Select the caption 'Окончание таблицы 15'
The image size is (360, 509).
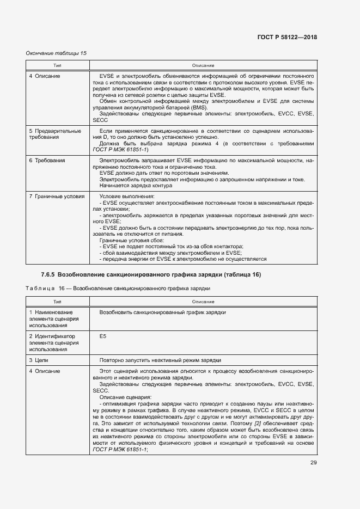tap(56, 53)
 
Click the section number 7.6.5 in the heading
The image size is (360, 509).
tap(47, 274)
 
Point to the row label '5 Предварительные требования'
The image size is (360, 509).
tap(55, 134)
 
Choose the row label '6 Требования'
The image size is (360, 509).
tap(47, 161)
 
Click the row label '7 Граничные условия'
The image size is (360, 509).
tap(56, 196)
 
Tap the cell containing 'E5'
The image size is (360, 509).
tap(103, 336)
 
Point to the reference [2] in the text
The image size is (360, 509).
tap(260, 423)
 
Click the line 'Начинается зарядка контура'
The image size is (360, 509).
tap(136, 186)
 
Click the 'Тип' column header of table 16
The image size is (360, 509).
tap(57, 301)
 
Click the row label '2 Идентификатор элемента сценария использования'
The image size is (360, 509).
tap(54, 343)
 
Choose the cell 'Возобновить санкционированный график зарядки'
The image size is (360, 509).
tap(163, 312)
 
